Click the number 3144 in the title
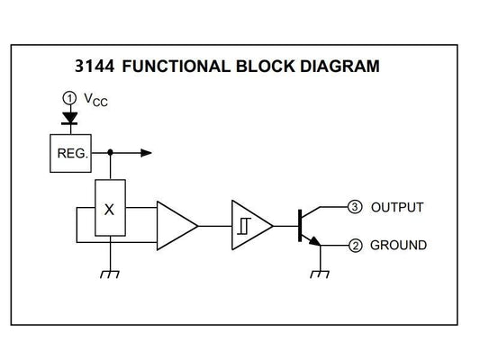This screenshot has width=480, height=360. point(96,66)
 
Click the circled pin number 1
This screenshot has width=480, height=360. point(68,97)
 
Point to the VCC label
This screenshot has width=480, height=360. point(95,101)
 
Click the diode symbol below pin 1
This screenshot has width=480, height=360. point(68,117)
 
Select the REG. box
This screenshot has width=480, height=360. point(71,153)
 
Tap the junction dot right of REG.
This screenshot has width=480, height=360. point(110,153)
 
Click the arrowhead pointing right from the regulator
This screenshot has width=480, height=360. point(146,153)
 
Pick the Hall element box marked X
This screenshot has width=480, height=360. point(110,209)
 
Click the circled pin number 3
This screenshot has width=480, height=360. point(355,207)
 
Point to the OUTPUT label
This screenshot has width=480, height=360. point(396,208)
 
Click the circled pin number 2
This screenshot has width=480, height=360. point(355,245)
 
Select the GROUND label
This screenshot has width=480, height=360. point(398,245)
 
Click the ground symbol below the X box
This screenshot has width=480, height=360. point(110,274)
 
